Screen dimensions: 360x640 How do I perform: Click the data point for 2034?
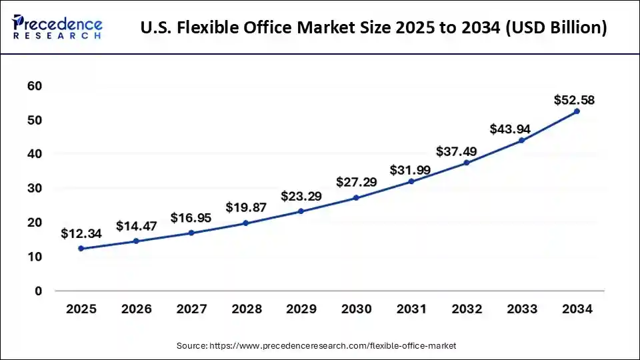(577, 111)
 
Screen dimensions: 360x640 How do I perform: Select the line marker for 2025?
(81, 249)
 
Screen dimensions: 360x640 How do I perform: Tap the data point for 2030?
(356, 198)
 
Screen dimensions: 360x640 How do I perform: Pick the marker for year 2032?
(466, 163)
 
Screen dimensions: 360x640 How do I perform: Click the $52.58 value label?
(574, 101)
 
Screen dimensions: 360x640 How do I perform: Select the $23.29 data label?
(301, 197)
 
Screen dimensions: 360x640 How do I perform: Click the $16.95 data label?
(191, 218)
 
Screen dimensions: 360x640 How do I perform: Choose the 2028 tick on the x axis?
(246, 309)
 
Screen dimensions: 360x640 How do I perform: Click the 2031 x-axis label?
(411, 309)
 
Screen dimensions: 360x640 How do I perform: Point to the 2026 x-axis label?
(136, 309)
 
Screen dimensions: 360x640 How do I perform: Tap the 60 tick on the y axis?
(35, 86)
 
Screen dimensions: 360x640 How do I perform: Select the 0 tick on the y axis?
(38, 291)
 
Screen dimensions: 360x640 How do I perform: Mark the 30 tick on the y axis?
(35, 189)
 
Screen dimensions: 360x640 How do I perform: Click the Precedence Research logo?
(57, 27)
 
